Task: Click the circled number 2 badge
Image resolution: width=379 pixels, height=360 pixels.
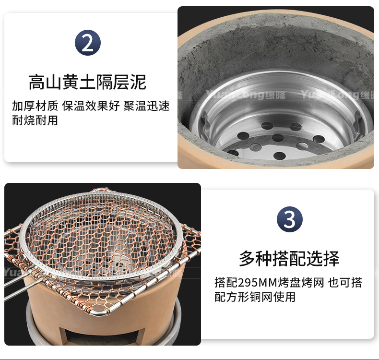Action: tap(87, 43)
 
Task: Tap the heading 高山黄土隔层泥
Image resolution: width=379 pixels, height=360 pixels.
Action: tap(87, 82)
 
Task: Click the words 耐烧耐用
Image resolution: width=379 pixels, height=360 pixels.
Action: tap(35, 120)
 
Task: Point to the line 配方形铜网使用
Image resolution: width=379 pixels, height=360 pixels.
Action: tap(255, 297)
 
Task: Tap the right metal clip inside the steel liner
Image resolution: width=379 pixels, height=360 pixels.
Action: tap(357, 118)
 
